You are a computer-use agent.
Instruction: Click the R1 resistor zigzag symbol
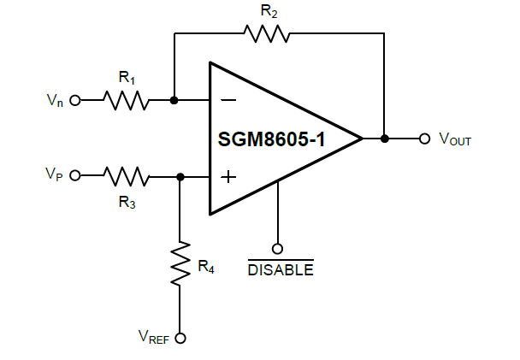point(127,100)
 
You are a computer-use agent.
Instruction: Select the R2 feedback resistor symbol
point(266,34)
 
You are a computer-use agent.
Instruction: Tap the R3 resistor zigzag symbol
point(127,176)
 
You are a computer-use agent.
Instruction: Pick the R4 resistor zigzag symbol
point(180,264)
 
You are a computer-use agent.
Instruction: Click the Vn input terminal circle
point(74,100)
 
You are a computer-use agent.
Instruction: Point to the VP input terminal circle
point(74,176)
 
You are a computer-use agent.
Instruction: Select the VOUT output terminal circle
point(424,139)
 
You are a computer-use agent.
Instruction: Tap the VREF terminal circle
point(180,338)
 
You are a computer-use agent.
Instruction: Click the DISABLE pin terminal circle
point(278,249)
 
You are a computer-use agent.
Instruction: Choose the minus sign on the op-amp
point(228,100)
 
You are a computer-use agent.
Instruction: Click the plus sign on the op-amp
point(228,177)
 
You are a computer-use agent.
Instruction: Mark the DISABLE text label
point(280,270)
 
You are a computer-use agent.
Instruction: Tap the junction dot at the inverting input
point(174,100)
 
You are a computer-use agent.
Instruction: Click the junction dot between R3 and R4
point(180,176)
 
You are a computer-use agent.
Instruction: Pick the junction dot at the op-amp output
point(385,139)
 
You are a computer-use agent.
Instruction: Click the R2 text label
point(266,11)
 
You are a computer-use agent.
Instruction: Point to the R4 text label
point(205,268)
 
